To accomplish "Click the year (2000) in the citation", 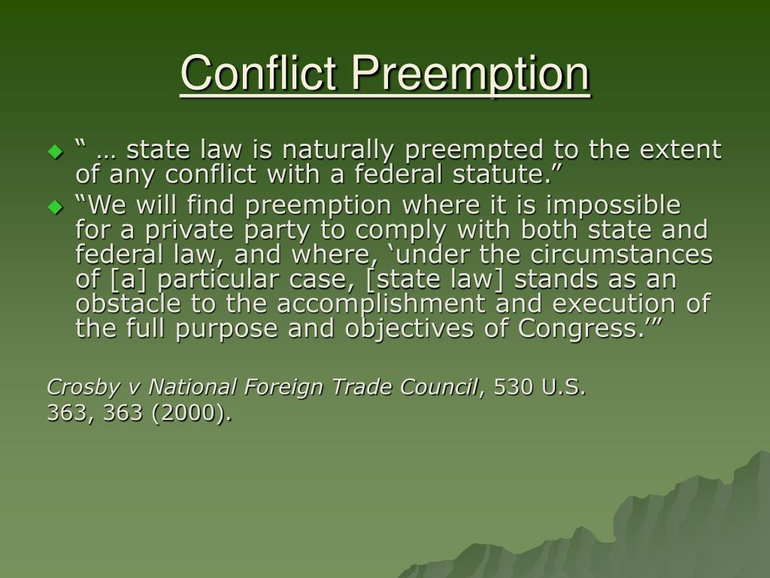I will coord(192,413).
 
